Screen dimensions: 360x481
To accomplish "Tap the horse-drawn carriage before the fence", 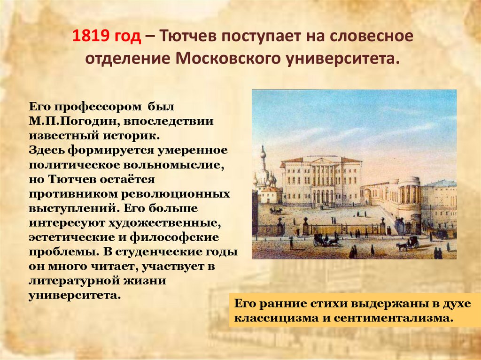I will pyautogui.click(x=326, y=240).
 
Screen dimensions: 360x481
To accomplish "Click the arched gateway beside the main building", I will pyautogui.click(x=367, y=196).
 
